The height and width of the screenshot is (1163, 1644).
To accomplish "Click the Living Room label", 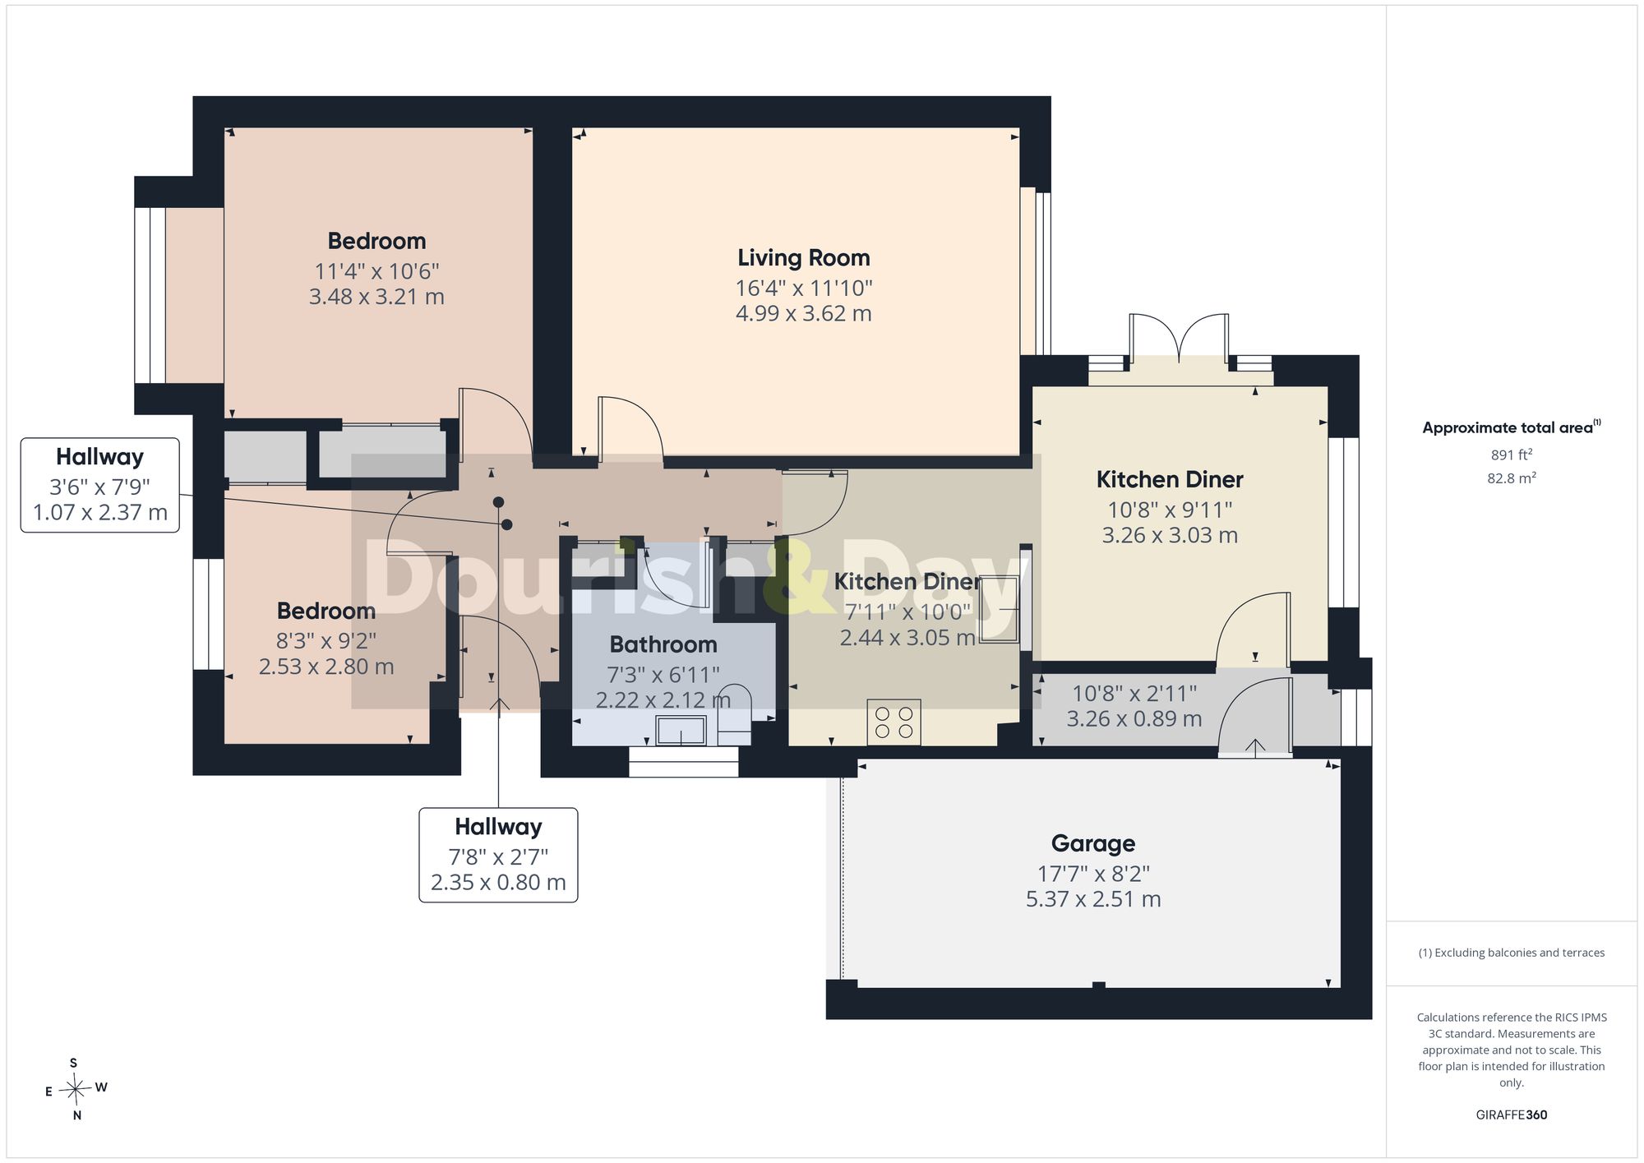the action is click(803, 258).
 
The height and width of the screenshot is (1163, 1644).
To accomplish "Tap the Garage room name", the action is click(1093, 843).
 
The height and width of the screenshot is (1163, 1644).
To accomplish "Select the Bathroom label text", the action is click(663, 644).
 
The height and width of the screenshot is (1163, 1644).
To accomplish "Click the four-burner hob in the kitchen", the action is click(894, 722).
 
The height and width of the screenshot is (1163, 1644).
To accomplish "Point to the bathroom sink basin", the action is click(681, 730).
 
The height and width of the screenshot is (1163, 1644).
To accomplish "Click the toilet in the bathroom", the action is click(733, 708).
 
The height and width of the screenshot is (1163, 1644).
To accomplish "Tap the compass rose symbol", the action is click(76, 1090).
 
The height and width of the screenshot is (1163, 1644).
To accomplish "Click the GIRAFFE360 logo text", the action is click(1511, 1115).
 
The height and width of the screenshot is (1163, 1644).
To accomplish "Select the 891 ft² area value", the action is click(1511, 455).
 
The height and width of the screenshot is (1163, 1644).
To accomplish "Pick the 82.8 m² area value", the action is click(1511, 478).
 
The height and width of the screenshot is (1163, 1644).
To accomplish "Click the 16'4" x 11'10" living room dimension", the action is click(803, 288).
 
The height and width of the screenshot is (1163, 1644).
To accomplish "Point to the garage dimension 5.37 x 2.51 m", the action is click(1093, 899).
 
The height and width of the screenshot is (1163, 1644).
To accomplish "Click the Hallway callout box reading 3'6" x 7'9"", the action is click(100, 485).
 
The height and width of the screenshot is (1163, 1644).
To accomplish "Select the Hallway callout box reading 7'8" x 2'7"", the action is click(498, 855).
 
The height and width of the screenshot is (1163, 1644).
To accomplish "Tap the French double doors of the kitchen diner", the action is click(1180, 339).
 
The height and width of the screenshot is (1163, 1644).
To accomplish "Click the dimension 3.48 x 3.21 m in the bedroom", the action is click(376, 297).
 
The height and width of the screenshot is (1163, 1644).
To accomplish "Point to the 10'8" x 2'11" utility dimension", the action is click(1134, 694).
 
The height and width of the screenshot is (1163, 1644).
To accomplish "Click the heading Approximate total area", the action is click(1511, 427).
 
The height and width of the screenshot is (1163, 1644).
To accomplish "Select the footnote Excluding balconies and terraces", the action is click(1511, 953).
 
